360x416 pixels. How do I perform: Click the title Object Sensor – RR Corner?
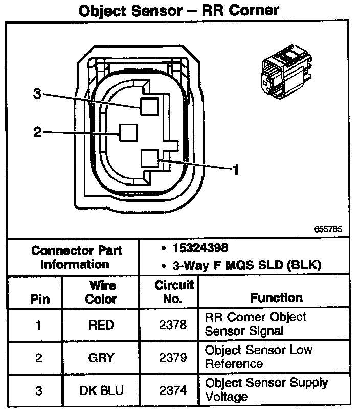(x=179, y=10)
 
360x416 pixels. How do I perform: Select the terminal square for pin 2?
(x=127, y=133)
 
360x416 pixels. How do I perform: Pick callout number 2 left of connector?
(x=37, y=132)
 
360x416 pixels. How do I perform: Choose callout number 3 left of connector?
(x=37, y=94)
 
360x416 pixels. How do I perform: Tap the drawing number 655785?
(x=328, y=229)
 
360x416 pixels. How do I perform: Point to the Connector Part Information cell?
(x=76, y=257)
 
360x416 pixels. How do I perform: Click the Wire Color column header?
(x=101, y=292)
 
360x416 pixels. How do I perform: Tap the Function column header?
(x=276, y=297)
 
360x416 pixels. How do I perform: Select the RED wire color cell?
(x=101, y=325)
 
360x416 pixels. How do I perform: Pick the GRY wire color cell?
(x=101, y=358)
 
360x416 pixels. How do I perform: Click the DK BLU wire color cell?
(x=101, y=390)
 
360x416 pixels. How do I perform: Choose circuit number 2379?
(x=173, y=358)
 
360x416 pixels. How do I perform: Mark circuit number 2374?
(x=173, y=390)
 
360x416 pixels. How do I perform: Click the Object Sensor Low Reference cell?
(x=265, y=357)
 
